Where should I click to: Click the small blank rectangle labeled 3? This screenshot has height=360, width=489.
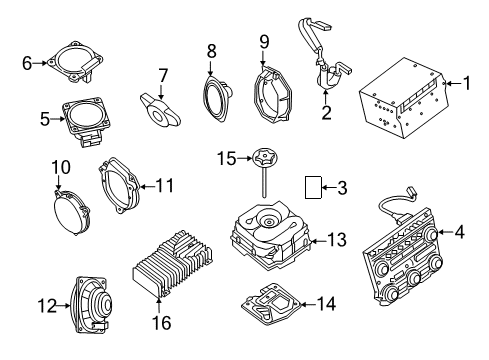click(460, 234)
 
